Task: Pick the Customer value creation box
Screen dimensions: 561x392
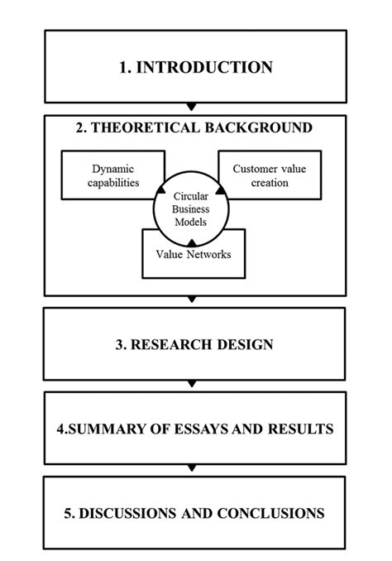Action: [260, 175]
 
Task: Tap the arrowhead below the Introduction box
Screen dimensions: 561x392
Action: [192, 108]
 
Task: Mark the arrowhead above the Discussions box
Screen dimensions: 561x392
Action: [192, 469]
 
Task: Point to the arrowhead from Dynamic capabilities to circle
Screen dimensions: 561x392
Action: [160, 193]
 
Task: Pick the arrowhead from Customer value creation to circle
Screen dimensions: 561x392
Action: [221, 193]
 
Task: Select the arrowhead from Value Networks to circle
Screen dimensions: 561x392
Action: [190, 242]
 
